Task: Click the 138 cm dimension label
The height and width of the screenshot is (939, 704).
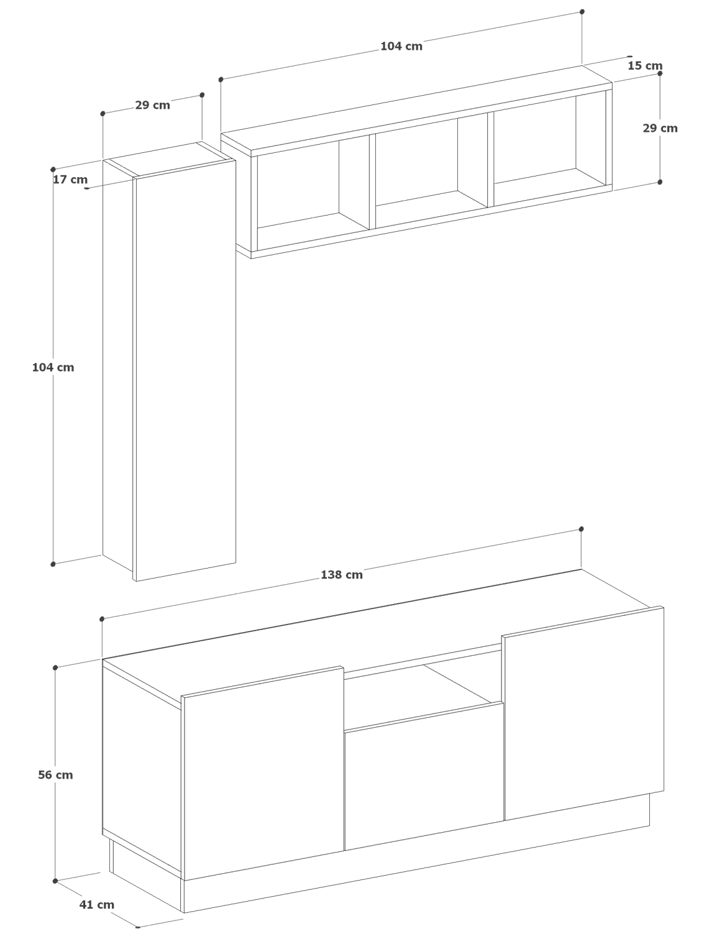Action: [x=341, y=574]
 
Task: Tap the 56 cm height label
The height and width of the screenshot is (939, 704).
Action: [x=55, y=775]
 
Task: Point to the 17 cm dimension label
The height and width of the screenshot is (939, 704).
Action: [x=70, y=179]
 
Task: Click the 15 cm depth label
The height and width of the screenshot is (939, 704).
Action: [x=645, y=66]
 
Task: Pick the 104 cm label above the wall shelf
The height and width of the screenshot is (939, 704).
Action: [x=401, y=46]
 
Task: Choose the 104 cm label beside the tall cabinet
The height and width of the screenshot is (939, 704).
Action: [x=53, y=367]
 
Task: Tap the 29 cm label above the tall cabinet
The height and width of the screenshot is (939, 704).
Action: [x=152, y=105]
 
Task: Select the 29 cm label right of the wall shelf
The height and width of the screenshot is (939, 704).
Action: [x=660, y=128]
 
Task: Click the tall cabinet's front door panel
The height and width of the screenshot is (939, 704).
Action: [x=185, y=370]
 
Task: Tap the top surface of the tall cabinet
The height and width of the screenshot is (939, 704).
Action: [x=170, y=158]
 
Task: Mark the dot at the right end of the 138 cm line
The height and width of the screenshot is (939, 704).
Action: [x=581, y=529]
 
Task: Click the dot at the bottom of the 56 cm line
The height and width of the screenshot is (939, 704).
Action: [x=55, y=881]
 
